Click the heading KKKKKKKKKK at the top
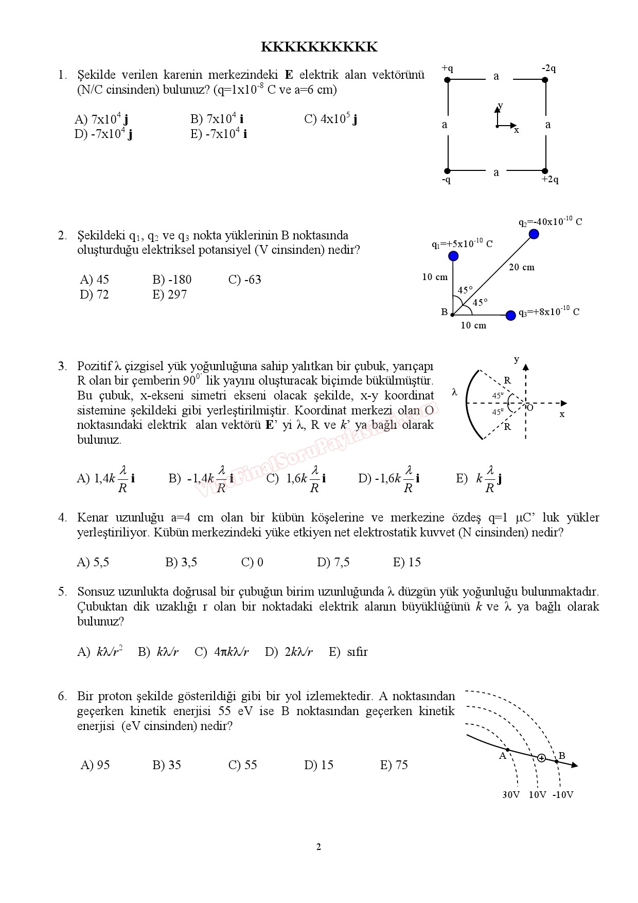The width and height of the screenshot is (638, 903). [x=319, y=47]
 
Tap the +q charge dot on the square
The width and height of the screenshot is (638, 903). [x=448, y=80]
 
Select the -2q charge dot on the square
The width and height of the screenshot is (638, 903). [x=545, y=80]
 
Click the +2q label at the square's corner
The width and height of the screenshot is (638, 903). [x=550, y=180]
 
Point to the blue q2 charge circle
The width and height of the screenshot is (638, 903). [x=534, y=234]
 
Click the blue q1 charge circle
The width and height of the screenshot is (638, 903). [x=453, y=256]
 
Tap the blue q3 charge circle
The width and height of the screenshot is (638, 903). [x=510, y=315]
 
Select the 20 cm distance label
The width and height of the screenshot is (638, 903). [x=522, y=267]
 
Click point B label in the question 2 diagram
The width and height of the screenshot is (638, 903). [x=444, y=312]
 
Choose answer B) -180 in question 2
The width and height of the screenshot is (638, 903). [x=172, y=280]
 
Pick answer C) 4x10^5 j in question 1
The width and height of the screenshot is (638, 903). [x=331, y=119]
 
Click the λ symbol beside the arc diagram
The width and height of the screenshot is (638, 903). [x=454, y=392]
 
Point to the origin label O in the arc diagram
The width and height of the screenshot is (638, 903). [x=530, y=408]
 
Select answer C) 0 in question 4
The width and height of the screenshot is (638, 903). [x=252, y=562]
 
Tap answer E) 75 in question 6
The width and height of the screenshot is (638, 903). [x=394, y=765]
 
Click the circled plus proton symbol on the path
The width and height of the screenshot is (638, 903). [x=541, y=758]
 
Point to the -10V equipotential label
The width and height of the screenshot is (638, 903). [x=563, y=795]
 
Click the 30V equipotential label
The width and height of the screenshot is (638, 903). [x=511, y=795]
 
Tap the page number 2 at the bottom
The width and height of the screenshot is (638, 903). [x=318, y=847]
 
